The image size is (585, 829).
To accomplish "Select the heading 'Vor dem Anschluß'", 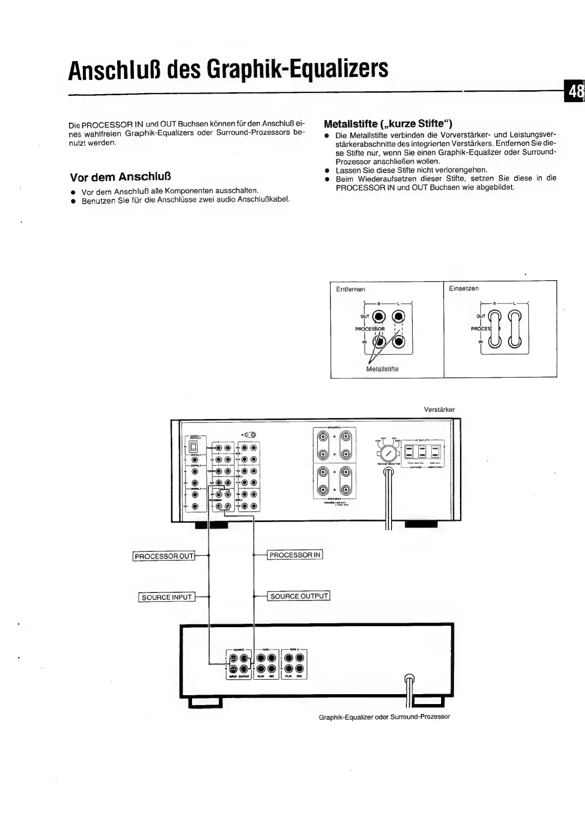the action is pos(121,177).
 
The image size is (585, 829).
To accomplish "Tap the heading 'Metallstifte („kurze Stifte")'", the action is pos(388,123).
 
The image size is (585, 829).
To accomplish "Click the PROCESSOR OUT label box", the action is pos(164,556).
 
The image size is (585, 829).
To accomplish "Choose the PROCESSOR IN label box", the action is pos(295,555).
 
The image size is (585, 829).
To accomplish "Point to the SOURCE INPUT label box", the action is pos(167,597).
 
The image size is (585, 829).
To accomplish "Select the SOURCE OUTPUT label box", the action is pos(299,595).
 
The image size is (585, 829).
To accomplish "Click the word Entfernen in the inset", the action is pos(350,289).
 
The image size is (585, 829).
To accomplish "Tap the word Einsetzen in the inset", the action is pos(463,288).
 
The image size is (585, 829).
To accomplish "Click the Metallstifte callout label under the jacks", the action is pos(382,369).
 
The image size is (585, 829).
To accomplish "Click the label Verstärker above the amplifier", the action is pos(439,410).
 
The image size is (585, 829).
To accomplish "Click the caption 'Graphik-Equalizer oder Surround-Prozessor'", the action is pos(384,717).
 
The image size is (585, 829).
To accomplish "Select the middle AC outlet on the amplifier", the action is pos(422,452).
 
